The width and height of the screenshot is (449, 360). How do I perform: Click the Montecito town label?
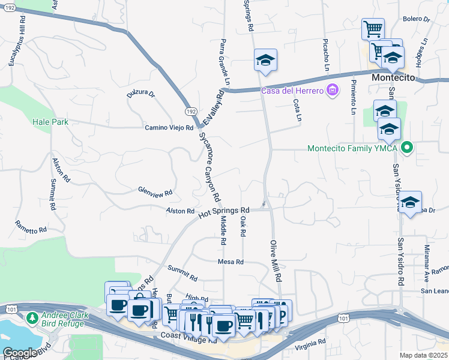tap(393, 79)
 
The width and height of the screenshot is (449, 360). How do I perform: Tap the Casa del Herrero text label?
tap(292, 91)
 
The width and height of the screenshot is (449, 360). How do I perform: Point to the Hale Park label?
tap(50, 122)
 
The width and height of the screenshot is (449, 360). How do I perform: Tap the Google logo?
tap(19, 353)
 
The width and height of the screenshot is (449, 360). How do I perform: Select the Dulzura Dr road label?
tap(141, 94)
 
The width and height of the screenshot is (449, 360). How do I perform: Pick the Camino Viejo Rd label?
tap(169, 128)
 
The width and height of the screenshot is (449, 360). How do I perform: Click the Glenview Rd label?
tap(155, 193)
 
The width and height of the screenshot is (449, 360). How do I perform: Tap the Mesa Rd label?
tap(231, 262)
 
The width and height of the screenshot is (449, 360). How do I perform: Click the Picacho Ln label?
tap(326, 59)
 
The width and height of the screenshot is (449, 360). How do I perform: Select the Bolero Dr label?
tap(417, 19)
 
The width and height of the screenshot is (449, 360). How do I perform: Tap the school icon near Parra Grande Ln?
tap(265, 60)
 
